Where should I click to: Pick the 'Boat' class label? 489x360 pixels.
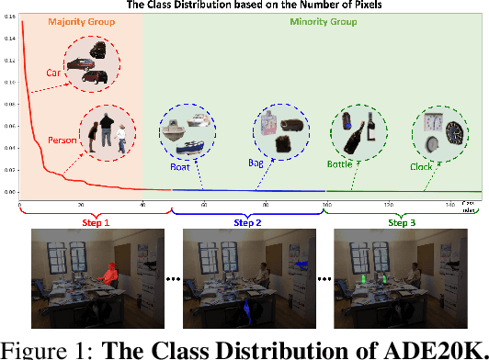click(181, 168)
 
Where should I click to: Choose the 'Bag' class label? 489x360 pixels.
click(256, 163)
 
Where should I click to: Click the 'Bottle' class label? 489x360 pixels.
click(339, 165)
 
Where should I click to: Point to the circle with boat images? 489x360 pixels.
click(188, 134)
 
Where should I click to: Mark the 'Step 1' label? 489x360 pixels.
click(95, 222)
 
